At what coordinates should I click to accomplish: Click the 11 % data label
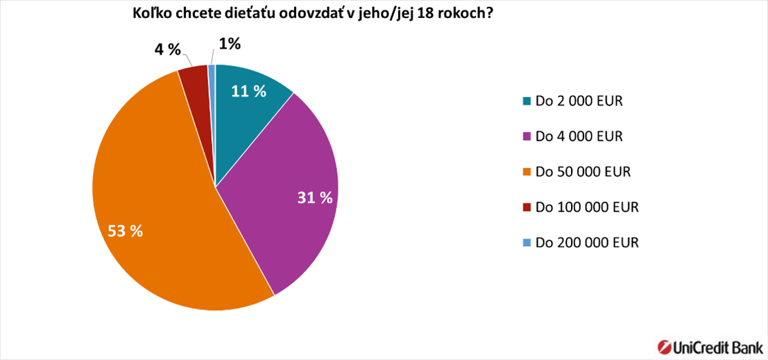249,91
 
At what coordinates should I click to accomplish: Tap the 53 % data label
125,232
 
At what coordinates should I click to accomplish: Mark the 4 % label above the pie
167,50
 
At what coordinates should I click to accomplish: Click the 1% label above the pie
230,44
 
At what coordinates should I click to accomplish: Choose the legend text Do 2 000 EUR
579,101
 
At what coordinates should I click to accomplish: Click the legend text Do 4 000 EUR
579,137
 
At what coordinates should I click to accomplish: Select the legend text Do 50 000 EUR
582,172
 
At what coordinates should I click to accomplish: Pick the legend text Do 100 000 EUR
586,207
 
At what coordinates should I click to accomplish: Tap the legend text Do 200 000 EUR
586,243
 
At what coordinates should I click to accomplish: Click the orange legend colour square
527,172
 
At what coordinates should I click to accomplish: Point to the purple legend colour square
527,137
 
